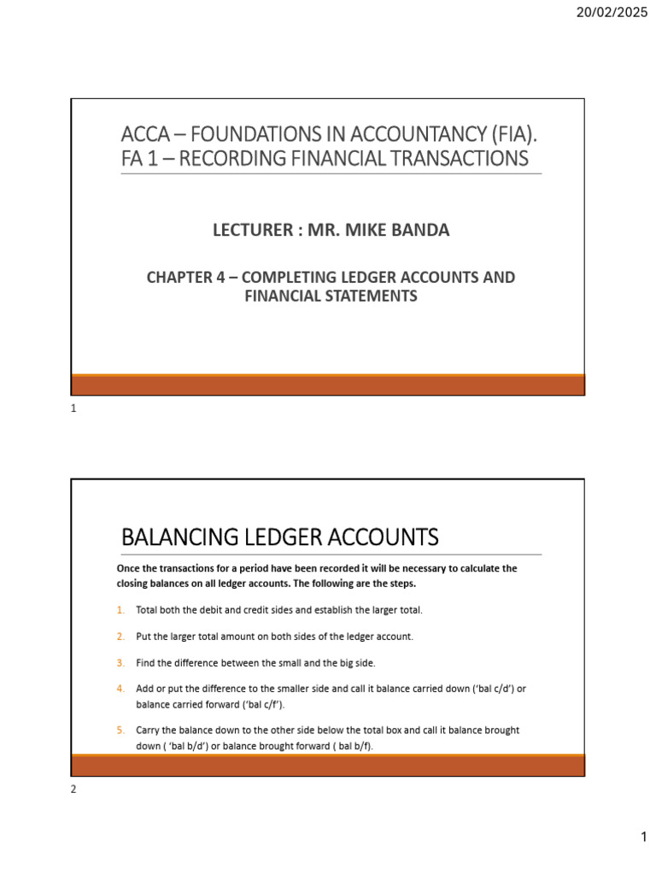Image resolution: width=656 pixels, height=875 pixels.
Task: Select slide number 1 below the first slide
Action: tap(73, 408)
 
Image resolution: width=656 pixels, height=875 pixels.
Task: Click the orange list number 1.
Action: tap(120, 609)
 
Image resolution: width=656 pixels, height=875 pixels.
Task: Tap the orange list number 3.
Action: tap(120, 662)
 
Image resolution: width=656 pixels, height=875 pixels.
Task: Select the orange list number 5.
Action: tap(120, 731)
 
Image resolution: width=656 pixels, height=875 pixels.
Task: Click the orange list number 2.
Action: tap(120, 637)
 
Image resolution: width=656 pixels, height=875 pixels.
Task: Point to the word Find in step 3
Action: tap(146, 662)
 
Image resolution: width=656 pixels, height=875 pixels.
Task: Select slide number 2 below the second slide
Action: tap(73, 790)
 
